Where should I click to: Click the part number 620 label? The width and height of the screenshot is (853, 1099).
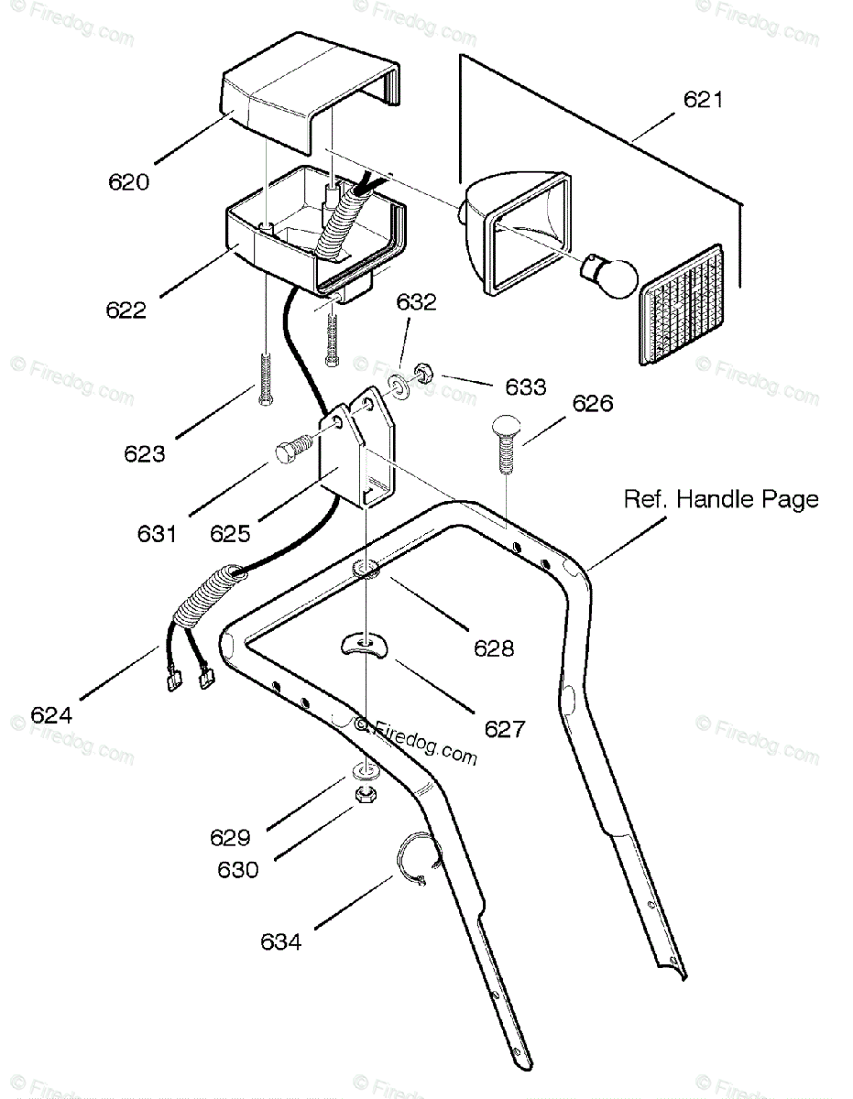128,182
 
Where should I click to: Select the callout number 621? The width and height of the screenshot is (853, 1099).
703,100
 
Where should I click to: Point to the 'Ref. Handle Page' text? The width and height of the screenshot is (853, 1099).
721,499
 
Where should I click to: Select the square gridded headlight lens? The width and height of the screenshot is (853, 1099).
682,305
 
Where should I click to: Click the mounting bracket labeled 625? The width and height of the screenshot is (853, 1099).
356,448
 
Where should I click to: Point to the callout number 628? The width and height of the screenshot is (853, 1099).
494,647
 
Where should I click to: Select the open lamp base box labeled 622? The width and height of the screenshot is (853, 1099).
316,233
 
